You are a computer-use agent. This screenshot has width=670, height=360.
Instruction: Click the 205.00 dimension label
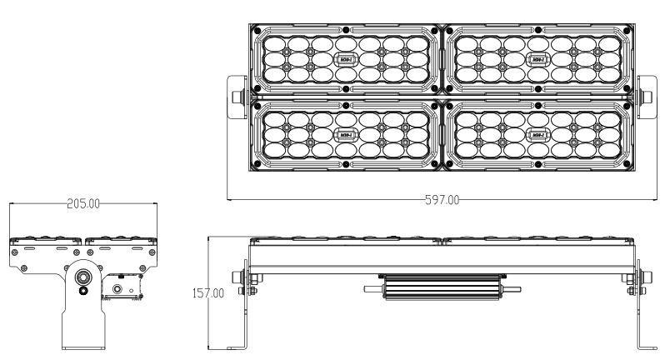click(83, 203)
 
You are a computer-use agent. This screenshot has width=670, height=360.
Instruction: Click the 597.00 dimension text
click(441, 200)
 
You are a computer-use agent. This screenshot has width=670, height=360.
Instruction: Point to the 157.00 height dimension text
click(208, 293)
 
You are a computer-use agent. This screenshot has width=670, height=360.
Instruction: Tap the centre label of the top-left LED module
click(345, 59)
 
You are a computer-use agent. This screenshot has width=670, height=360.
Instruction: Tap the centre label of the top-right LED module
click(537, 59)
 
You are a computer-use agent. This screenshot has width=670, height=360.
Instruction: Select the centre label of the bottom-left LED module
click(345, 135)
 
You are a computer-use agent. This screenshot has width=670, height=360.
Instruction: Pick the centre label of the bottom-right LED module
click(537, 135)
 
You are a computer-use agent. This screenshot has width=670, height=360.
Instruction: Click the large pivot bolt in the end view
click(82, 277)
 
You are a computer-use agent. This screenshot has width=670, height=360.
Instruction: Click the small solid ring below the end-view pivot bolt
click(82, 291)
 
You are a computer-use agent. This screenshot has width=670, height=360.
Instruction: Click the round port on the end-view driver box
click(117, 289)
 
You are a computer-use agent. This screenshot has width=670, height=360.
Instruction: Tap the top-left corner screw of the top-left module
click(257, 30)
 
